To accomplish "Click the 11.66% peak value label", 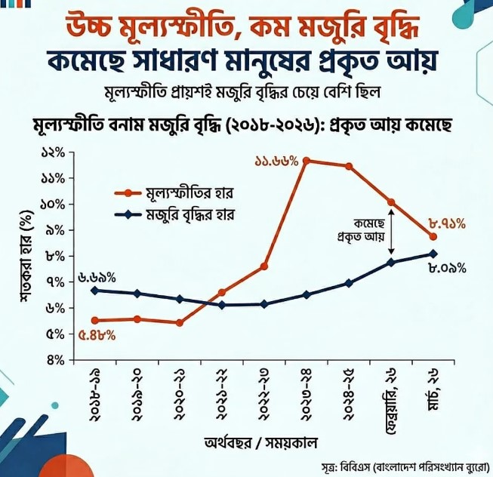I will [x=276, y=162].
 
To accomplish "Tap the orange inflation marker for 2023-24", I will [x=307, y=160].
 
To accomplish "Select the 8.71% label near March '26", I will [x=447, y=223].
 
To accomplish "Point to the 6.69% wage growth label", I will [x=97, y=278].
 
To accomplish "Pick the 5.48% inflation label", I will [x=97, y=335].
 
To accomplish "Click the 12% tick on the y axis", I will [x=54, y=153].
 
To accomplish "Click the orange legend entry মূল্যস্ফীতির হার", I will [x=177, y=192].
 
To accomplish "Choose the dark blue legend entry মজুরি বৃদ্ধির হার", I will [x=177, y=214].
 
